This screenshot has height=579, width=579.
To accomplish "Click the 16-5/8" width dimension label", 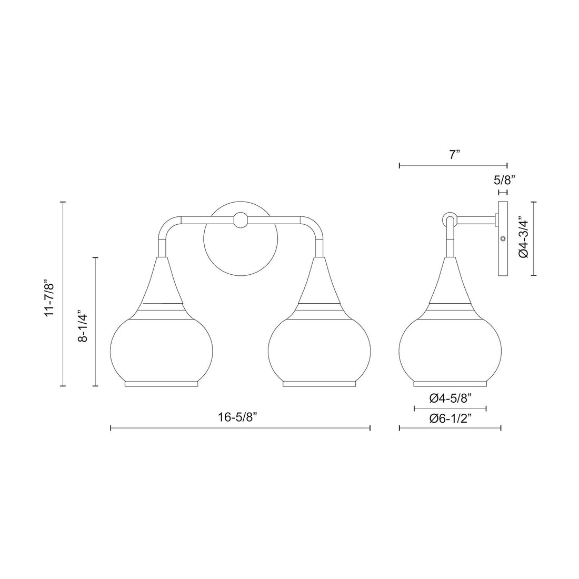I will [x=240, y=417].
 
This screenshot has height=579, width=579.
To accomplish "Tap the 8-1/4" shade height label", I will [x=82, y=321].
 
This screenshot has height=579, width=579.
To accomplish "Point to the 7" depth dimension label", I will [x=455, y=155].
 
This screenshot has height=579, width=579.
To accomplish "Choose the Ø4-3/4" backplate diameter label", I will [x=523, y=238].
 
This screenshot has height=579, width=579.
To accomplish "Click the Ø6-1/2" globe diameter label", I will [x=450, y=418].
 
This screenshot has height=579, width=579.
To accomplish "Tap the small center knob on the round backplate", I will [x=241, y=220].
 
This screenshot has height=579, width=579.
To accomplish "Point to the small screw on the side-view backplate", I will [x=503, y=239].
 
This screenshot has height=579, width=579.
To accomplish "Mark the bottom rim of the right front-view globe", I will [x=320, y=384].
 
